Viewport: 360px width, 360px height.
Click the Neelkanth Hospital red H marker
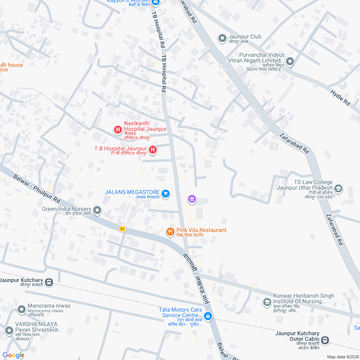[x=118, y=130]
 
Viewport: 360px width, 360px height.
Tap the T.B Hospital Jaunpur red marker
[x=152, y=150]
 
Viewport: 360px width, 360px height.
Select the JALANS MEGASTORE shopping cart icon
[x=166, y=194]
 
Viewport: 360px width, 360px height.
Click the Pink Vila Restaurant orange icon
[x=170, y=232]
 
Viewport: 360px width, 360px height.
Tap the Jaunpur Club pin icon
[x=222, y=38]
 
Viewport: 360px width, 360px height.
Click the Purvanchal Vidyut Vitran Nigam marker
[x=290, y=62]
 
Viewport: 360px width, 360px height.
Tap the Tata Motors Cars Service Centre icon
[x=208, y=316]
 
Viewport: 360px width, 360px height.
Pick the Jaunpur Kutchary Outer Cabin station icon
[x=325, y=340]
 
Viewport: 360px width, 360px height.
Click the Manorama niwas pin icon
[x=21, y=309]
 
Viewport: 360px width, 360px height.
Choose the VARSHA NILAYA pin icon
[x=9, y=330]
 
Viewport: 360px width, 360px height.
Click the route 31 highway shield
[x=122, y=228]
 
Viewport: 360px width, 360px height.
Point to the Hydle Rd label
[x=340, y=98]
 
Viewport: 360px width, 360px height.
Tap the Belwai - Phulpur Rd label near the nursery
[x=36, y=188]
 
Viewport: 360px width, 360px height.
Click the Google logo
[x=13, y=355]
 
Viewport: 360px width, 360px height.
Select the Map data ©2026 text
[x=343, y=357]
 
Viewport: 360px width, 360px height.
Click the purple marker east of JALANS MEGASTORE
[x=192, y=199]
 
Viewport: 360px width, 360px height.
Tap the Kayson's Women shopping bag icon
[x=156, y=2]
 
